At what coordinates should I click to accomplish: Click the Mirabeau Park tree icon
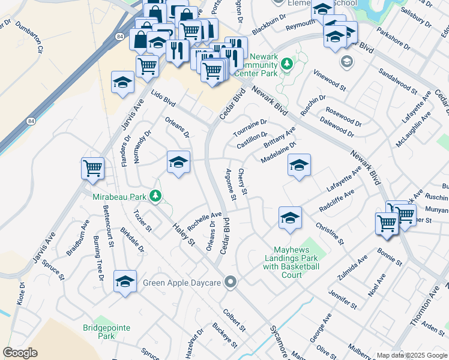coord(155,196)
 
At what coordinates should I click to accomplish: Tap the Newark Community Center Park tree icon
coord(288,64)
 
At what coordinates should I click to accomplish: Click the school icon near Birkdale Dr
coord(125,281)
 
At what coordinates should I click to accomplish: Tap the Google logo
coord(20,353)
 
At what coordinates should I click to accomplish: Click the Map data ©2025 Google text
coord(411,355)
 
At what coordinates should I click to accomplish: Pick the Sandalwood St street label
coord(397,80)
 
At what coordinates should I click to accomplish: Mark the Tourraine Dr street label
coord(250,127)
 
